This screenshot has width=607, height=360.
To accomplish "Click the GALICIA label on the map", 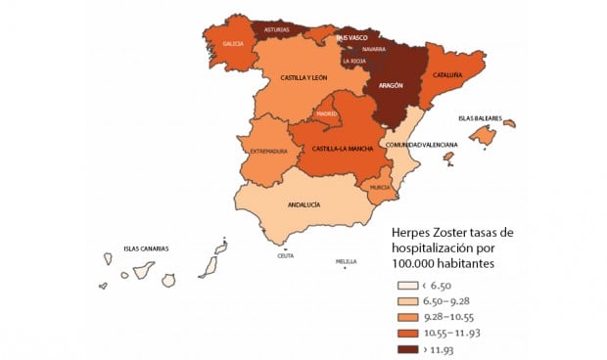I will [x=233, y=43].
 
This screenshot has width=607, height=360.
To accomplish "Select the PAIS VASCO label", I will [x=352, y=37].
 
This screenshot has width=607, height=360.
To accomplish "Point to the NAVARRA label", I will [x=359, y=48].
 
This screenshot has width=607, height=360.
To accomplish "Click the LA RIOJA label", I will [x=353, y=61].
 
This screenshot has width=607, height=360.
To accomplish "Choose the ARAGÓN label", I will [x=391, y=85].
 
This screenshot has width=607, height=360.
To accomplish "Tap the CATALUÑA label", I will [x=449, y=73].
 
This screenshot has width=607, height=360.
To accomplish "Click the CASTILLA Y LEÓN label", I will [x=303, y=77].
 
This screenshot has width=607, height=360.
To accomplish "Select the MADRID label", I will [x=327, y=114].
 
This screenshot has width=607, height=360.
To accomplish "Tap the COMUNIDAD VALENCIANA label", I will [x=421, y=145].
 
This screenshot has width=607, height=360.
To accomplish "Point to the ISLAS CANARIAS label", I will [x=146, y=248].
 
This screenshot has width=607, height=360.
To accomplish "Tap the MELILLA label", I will [x=346, y=262].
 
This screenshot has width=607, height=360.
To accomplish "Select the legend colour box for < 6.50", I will [x=402, y=285].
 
